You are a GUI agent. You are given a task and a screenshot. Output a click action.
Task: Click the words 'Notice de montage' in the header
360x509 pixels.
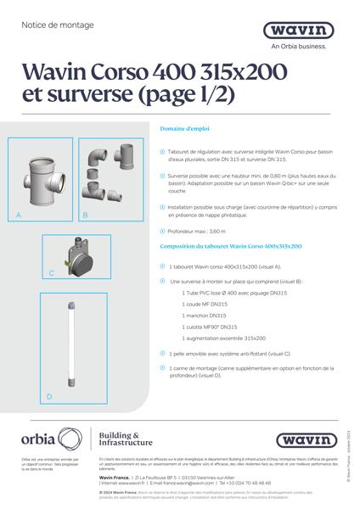click(x=51, y=25)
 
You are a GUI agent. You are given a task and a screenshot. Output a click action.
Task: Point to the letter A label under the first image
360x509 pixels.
click(x=19, y=216)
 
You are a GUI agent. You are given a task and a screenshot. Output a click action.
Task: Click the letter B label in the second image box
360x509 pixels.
click(x=85, y=216)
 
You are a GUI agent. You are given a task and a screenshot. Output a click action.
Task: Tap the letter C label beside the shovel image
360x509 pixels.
click(x=52, y=273)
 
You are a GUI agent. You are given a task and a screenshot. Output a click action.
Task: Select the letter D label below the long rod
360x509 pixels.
click(x=48, y=396)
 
